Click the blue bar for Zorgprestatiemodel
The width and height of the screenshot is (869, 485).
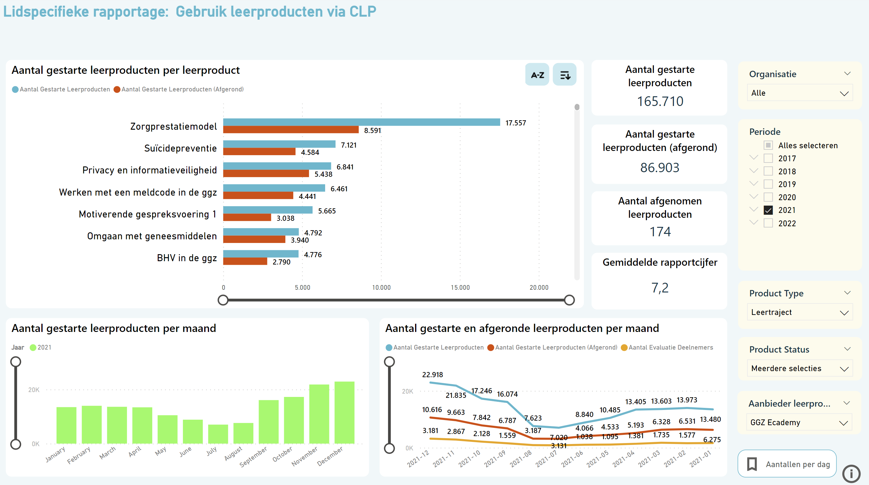tap(361, 122)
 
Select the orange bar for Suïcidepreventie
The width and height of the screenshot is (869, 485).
tap(259, 152)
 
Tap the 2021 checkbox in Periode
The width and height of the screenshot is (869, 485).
tap(768, 210)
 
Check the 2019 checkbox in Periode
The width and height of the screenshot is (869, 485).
tap(768, 184)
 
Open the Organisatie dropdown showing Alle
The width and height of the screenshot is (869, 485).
tap(799, 93)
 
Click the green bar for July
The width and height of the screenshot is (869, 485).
tap(218, 434)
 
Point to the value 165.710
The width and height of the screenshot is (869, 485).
tap(660, 101)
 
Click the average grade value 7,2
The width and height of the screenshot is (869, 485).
tap(660, 288)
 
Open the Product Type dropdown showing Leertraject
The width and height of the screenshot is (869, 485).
tap(799, 312)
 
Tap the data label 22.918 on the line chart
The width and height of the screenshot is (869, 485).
tap(432, 375)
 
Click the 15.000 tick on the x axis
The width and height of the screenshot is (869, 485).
tap(460, 287)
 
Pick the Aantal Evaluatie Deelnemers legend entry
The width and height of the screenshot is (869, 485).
tap(670, 347)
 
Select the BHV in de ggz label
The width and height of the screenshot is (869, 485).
tap(187, 258)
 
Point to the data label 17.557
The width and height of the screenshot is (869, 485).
tap(515, 123)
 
